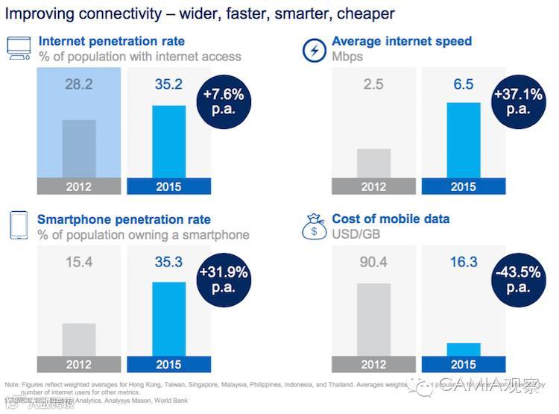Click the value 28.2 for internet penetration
[78, 84]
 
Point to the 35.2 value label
[168, 84]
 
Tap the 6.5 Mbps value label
[463, 84]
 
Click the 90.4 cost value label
[373, 263]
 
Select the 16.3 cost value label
[463, 263]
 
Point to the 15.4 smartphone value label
[78, 263]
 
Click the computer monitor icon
[18, 48]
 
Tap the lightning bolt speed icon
[314, 49]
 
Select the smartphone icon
[18, 226]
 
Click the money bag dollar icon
[314, 226]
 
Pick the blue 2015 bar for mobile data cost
[463, 350]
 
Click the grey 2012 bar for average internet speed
[373, 163]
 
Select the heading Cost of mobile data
[391, 219]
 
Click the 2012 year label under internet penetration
[78, 186]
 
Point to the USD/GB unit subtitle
[357, 235]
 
